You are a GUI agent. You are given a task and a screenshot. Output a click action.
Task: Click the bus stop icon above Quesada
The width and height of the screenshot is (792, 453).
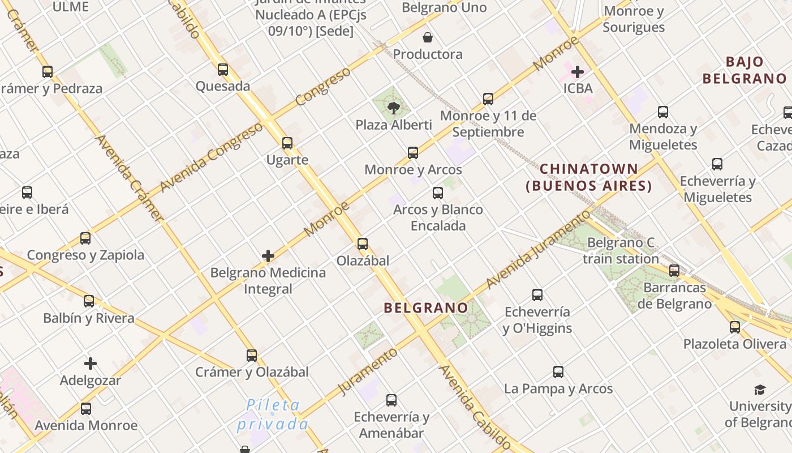223,70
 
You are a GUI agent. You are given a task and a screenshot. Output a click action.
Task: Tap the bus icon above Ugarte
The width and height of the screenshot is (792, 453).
287,143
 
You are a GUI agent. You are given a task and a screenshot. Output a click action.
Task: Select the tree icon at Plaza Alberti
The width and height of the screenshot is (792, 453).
393,108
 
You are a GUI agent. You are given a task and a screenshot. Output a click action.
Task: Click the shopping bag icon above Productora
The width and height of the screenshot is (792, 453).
428,38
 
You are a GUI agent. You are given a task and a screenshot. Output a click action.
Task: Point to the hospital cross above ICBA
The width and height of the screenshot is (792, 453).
578,72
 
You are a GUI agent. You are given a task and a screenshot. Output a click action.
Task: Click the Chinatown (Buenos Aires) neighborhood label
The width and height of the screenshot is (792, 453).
589,177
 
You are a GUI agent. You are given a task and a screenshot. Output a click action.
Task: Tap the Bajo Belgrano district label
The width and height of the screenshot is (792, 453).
744,70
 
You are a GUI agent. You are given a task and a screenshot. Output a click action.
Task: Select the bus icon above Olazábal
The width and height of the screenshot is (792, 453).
363,244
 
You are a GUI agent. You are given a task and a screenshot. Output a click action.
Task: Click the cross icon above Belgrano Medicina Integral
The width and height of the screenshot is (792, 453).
268,256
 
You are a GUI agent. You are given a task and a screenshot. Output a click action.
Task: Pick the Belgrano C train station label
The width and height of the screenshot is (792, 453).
621,251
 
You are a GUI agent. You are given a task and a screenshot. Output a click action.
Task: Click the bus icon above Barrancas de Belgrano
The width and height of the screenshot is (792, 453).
674,271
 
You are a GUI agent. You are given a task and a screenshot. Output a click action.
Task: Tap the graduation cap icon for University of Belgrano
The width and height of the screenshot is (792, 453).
760,390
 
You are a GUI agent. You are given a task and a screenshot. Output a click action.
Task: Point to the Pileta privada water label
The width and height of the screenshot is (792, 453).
273,414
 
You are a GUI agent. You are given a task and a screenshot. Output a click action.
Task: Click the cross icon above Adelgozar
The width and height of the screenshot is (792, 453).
91,364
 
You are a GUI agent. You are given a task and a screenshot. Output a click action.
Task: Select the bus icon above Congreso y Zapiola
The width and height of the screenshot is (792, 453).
85,238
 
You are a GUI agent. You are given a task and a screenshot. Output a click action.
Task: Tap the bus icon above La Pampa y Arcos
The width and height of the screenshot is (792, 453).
558,372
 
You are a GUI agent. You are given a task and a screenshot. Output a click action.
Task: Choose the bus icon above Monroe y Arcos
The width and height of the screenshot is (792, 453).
413,153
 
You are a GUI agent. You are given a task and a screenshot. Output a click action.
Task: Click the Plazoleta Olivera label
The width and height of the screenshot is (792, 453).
734,344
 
